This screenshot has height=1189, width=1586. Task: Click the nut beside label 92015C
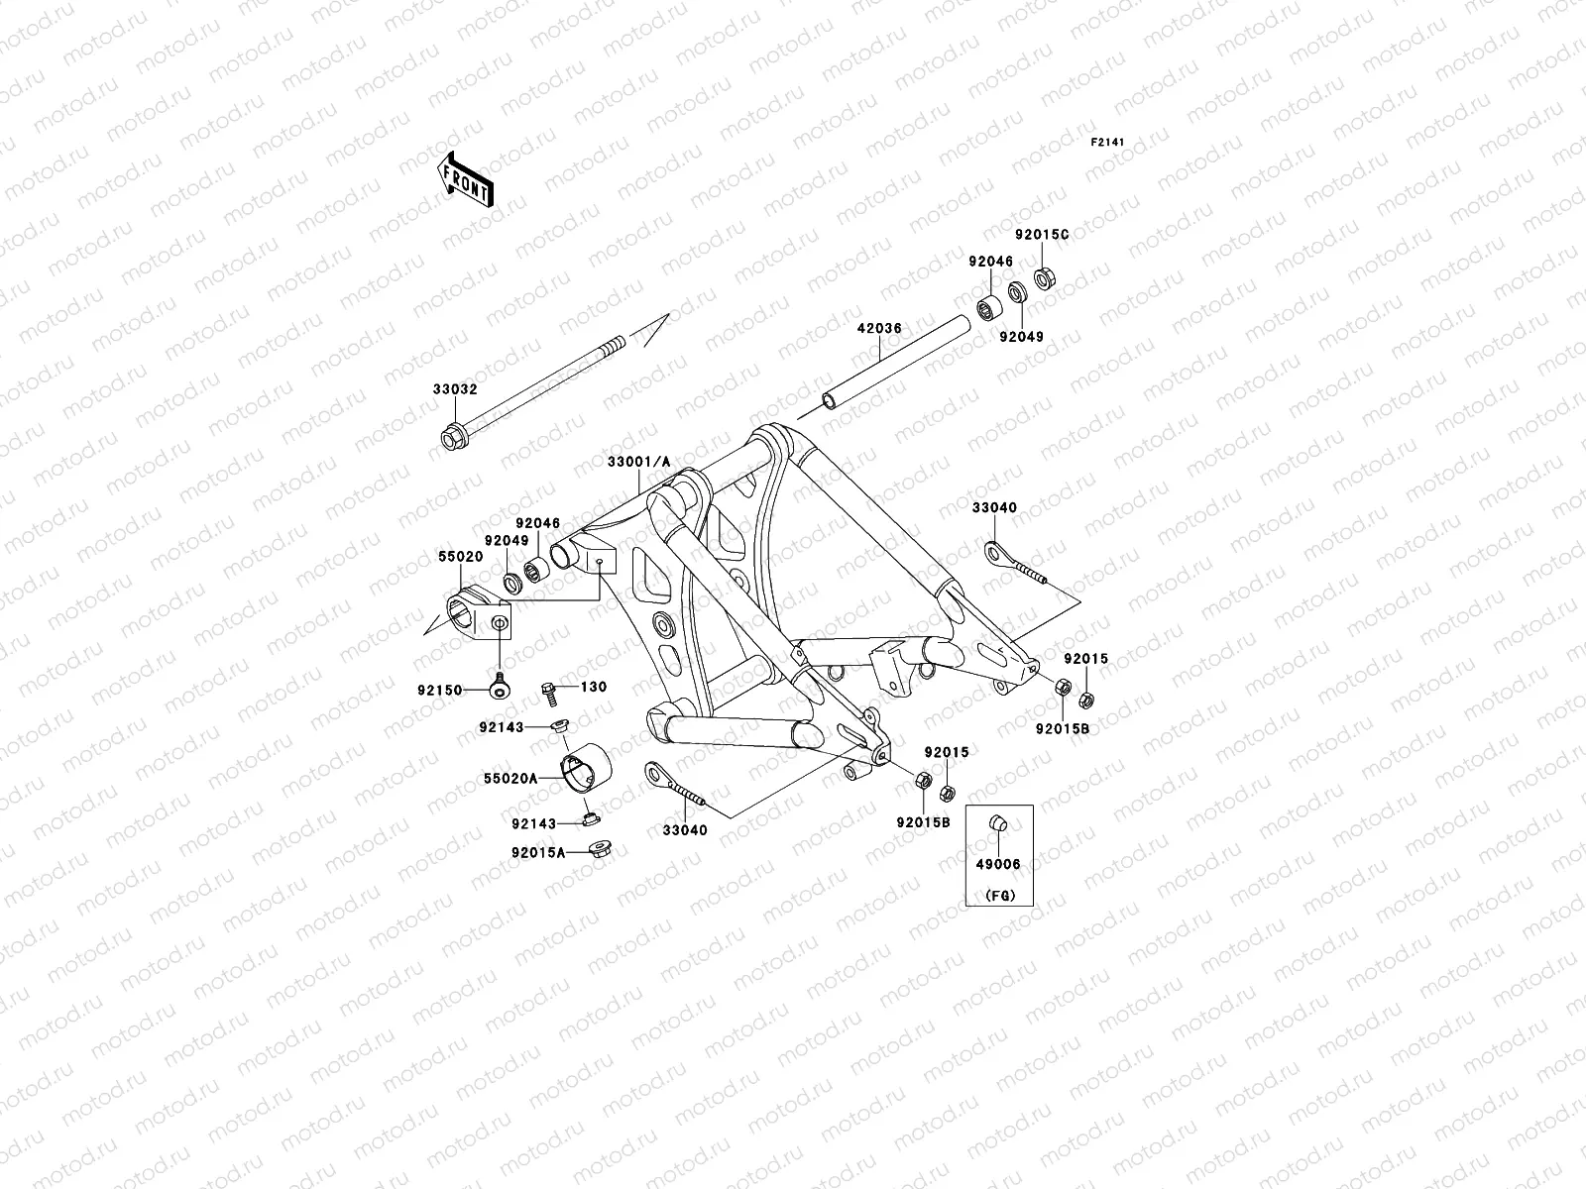[x=1044, y=277]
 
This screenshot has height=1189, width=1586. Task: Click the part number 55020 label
[x=461, y=557]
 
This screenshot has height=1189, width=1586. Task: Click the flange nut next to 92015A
[x=600, y=849]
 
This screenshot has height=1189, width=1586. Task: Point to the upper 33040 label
[x=994, y=508]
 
